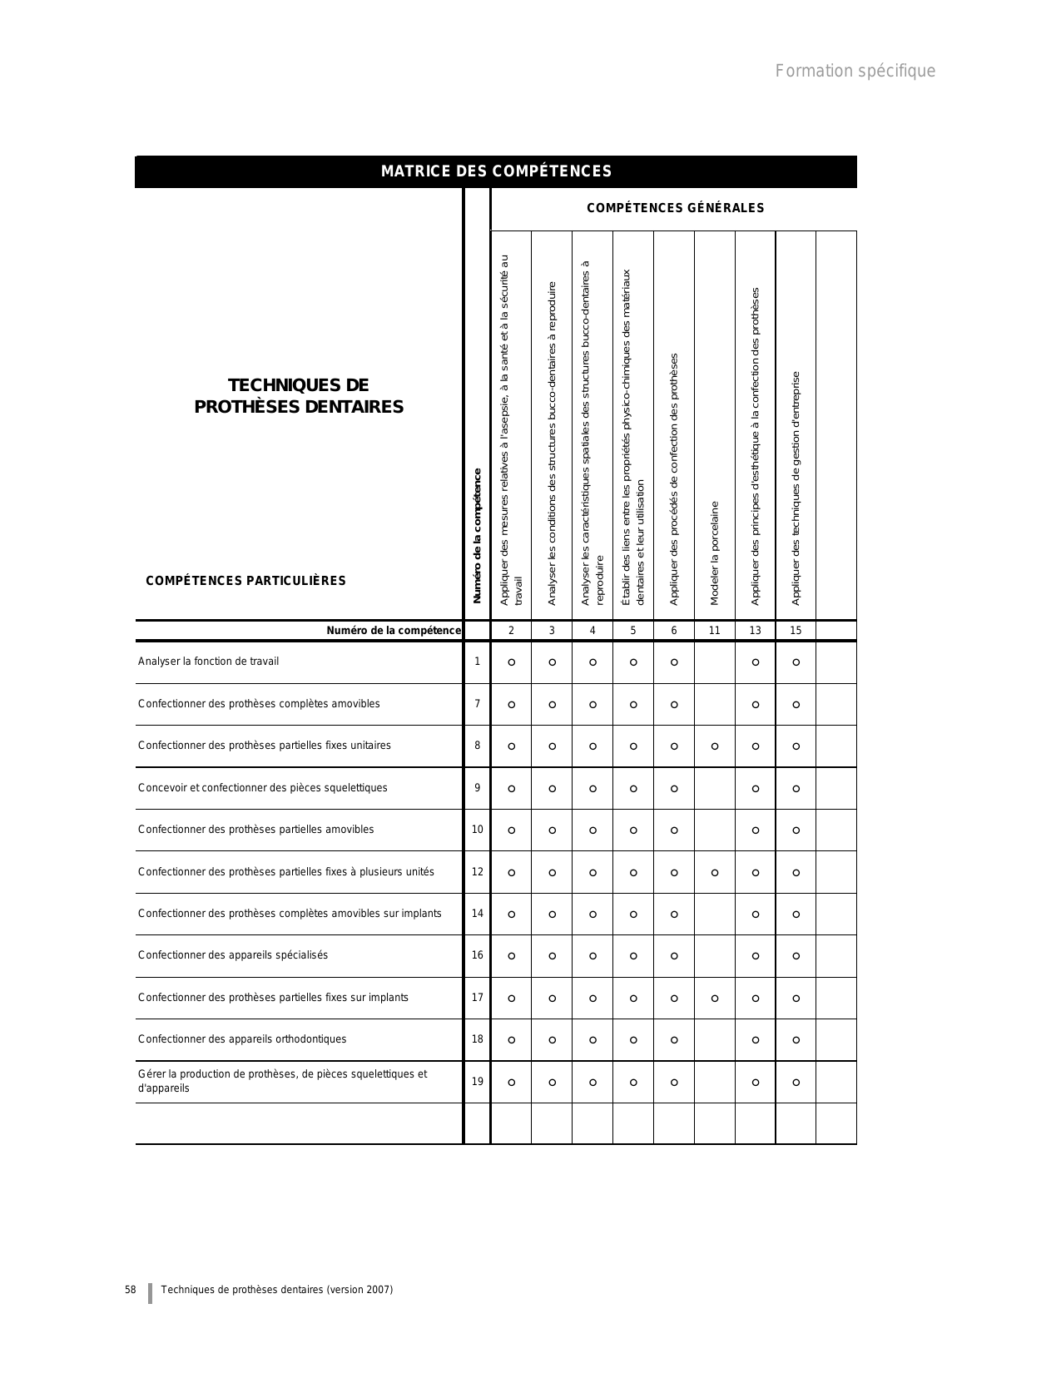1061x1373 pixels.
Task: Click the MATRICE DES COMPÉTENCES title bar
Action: [x=496, y=171]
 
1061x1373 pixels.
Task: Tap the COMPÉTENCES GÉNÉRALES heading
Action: [x=675, y=208]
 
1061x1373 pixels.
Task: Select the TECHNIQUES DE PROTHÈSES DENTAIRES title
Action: [x=299, y=396]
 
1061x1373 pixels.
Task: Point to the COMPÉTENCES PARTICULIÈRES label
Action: [x=245, y=581]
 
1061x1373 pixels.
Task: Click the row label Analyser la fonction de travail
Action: [x=208, y=662]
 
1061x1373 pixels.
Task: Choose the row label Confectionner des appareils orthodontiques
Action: [x=242, y=1039]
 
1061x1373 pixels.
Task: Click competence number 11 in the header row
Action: [x=714, y=631]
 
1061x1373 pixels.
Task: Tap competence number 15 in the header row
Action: [x=796, y=631]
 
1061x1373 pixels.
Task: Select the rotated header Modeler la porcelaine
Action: [x=715, y=553]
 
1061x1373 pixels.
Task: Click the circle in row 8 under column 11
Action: [x=715, y=746]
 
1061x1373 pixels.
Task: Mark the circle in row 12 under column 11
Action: [x=715, y=873]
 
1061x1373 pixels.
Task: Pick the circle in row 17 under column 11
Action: [x=715, y=999]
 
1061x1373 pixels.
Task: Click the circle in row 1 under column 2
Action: [x=512, y=662]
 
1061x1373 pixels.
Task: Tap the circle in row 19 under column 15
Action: [x=796, y=1083]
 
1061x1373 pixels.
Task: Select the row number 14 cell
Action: [x=477, y=914]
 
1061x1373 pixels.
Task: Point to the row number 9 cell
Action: [x=477, y=788]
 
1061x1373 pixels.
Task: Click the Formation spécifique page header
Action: [x=855, y=71]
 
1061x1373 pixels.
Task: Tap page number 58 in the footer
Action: [x=131, y=1290]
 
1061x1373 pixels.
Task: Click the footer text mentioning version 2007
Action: [x=277, y=1290]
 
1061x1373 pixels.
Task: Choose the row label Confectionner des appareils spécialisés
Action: [x=233, y=955]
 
